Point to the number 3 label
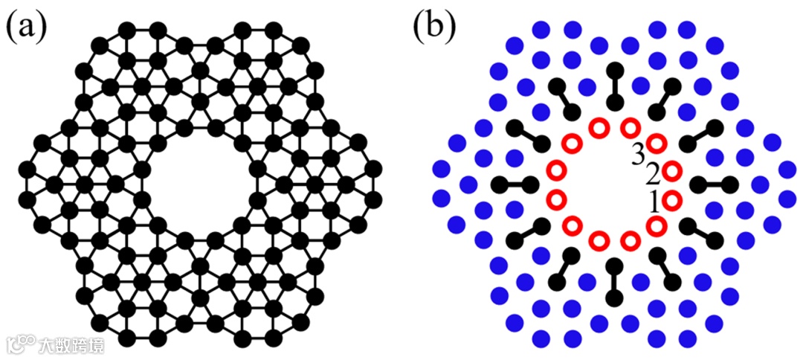tap(638, 155)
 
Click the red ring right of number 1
tap(671, 199)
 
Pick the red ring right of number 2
tap(671, 172)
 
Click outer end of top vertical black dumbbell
tap(615, 70)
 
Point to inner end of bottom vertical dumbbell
tap(615, 266)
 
